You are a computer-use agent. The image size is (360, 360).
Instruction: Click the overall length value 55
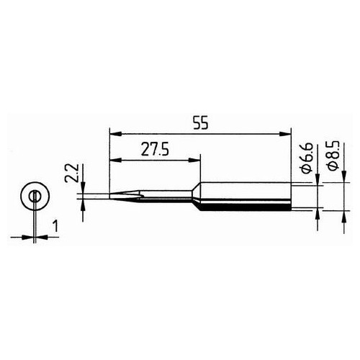click(199, 123)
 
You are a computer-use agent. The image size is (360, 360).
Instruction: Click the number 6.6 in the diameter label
click(305, 159)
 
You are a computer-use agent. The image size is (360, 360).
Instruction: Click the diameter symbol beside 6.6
click(305, 172)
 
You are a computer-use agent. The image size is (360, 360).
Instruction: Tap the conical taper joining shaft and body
click(194, 195)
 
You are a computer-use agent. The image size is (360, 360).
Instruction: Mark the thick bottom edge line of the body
click(245, 208)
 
